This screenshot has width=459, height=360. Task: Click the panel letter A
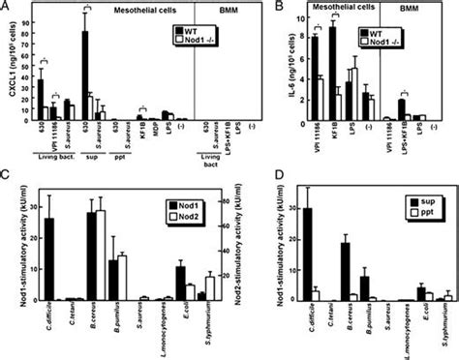(x=7, y=9)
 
